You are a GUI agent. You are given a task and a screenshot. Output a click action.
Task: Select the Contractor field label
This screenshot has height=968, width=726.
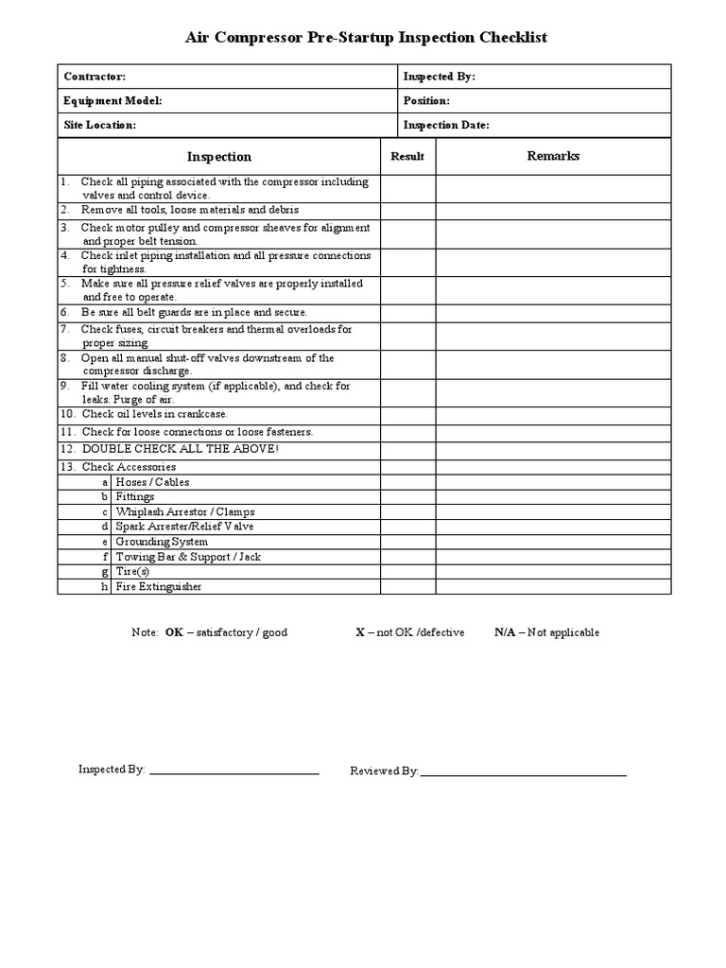[x=95, y=77]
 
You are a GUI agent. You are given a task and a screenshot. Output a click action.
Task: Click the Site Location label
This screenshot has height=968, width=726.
[x=100, y=125]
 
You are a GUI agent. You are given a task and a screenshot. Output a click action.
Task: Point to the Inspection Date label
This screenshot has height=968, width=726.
[x=446, y=125]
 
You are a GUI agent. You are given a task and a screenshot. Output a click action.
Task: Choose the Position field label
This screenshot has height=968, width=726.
[x=426, y=100]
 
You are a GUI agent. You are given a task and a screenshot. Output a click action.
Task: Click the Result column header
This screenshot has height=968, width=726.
[x=407, y=157]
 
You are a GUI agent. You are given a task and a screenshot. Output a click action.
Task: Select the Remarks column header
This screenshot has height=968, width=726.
[x=553, y=156]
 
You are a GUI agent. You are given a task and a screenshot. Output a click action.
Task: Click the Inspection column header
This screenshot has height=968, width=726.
[x=219, y=157]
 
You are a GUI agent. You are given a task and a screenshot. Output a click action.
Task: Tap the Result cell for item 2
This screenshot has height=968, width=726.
[x=407, y=210]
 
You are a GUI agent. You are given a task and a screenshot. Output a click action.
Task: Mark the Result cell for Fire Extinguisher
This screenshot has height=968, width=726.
[x=407, y=587]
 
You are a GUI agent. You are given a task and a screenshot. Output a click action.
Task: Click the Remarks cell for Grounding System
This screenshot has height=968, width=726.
[x=553, y=542]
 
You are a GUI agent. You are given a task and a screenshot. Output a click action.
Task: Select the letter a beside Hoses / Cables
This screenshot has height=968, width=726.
[x=105, y=482]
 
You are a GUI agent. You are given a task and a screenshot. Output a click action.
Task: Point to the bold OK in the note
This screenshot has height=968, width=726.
[x=174, y=632]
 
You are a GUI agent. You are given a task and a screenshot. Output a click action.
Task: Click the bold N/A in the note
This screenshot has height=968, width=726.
[x=505, y=632]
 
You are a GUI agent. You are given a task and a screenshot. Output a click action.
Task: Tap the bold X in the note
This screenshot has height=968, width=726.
[x=359, y=632]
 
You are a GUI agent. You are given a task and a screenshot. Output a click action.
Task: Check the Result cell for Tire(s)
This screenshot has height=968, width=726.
[x=407, y=572]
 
